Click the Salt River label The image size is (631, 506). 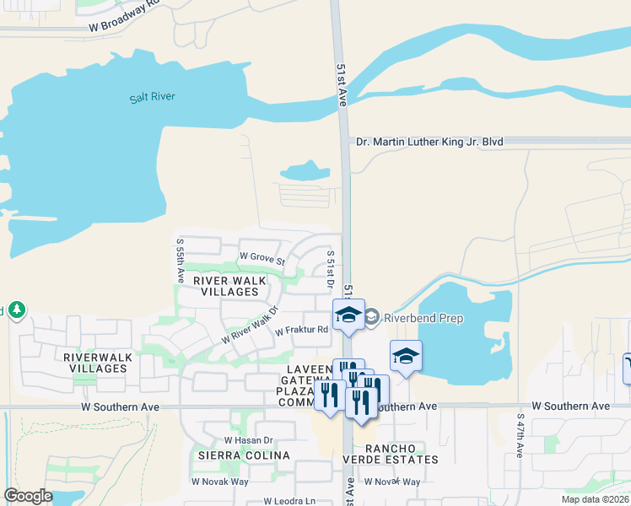153,97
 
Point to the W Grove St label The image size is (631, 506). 262,256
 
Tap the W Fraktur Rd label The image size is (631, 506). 301,331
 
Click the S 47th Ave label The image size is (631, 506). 520,435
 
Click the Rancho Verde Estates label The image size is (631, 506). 396,453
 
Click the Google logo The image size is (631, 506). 28,496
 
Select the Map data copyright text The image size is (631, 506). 596,499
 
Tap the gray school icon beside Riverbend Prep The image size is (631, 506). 371,319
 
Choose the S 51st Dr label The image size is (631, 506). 331,271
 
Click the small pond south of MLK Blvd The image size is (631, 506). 305,171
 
